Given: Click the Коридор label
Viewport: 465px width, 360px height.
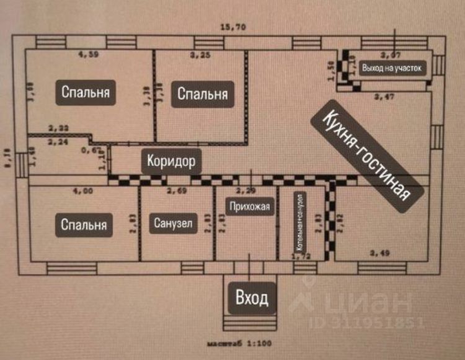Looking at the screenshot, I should tap(172, 162).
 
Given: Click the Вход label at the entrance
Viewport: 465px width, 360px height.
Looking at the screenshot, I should tap(252, 299).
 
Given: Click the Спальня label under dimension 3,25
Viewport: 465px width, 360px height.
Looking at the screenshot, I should tap(203, 94).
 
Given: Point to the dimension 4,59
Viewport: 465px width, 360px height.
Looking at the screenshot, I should tap(89, 55).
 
